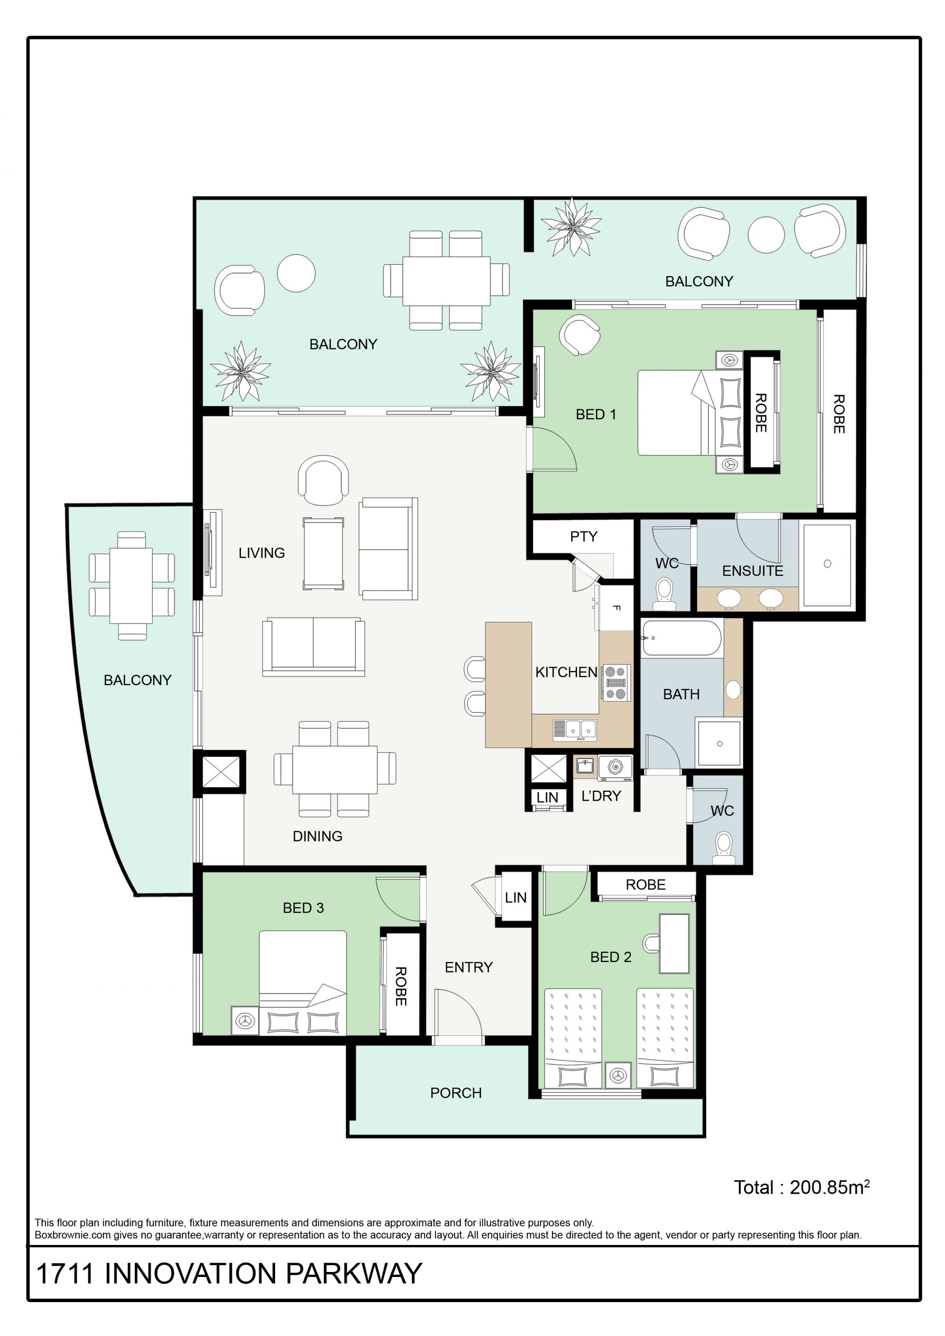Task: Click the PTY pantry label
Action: coord(584,536)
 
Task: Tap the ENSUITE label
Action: coord(753,571)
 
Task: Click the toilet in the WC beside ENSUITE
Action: coord(664,593)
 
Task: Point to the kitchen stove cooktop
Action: coord(616,683)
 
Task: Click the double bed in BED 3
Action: coord(303,983)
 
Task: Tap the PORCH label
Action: coord(456,1093)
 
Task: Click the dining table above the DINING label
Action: coord(335,769)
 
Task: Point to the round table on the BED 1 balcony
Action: coord(766,235)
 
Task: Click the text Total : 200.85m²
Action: coord(802,1187)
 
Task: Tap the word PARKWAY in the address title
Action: coord(354,1274)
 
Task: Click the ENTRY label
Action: coord(469,967)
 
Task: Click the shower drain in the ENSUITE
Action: coord(827,563)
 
